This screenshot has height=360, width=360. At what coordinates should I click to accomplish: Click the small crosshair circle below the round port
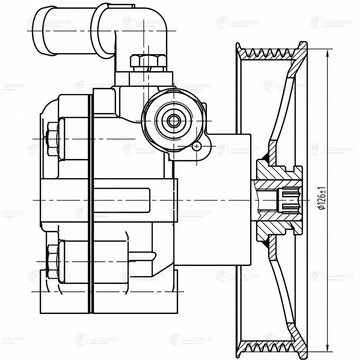click(x=197, y=146)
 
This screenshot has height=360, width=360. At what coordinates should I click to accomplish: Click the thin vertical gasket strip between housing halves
click(x=91, y=204)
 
